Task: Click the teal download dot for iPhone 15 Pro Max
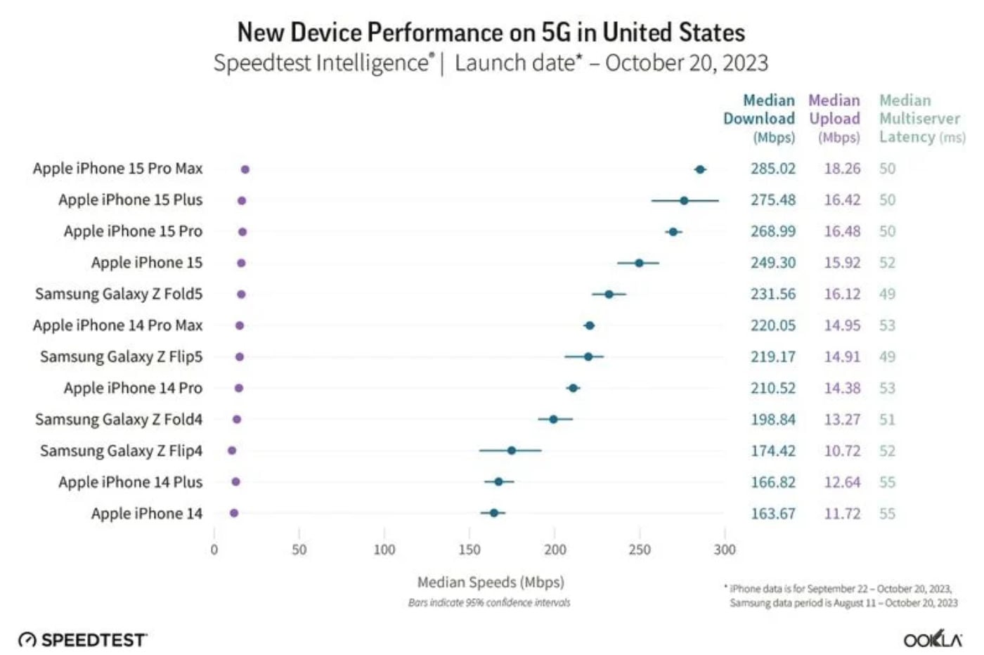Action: [699, 169]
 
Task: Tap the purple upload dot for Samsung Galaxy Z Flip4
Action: [232, 450]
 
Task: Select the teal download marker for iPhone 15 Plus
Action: [684, 201]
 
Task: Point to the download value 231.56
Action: [772, 294]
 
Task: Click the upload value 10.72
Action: [842, 450]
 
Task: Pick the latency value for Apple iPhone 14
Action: [887, 514]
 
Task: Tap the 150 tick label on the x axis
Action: [470, 550]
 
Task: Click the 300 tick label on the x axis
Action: [725, 550]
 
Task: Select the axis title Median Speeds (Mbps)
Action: [491, 582]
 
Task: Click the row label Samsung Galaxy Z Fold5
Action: [119, 294]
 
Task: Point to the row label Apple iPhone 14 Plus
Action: [130, 482]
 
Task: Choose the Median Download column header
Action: [760, 118]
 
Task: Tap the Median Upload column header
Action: [834, 118]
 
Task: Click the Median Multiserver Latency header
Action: [920, 118]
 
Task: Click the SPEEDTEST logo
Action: [83, 640]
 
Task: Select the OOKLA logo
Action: [933, 640]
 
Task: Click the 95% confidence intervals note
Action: [489, 603]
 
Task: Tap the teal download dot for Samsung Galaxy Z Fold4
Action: [553, 420]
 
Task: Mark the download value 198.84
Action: [772, 420]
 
